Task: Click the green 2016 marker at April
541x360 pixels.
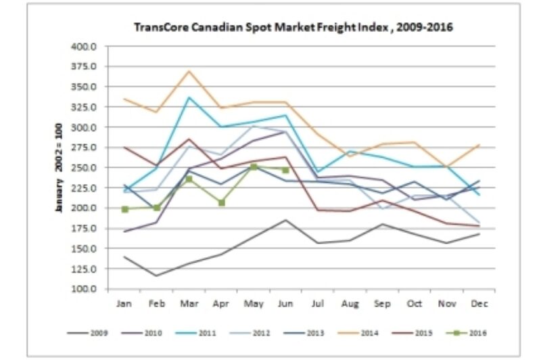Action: pyautogui.click(x=221, y=202)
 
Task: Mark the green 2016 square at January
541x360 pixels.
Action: pyautogui.click(x=124, y=209)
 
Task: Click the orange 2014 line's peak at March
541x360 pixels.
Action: pyautogui.click(x=189, y=70)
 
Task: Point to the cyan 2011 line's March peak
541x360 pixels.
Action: pyautogui.click(x=189, y=97)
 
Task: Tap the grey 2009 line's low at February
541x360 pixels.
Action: pyautogui.click(x=157, y=275)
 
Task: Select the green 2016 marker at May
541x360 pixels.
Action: pyautogui.click(x=254, y=166)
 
